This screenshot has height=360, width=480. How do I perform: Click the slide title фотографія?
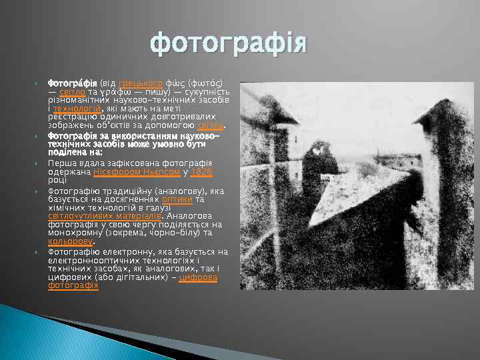click(230, 44)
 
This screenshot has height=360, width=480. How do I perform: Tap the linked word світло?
click(72, 92)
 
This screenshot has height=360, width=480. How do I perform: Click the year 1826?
click(201, 171)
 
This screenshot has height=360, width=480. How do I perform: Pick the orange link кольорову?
click(69, 241)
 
